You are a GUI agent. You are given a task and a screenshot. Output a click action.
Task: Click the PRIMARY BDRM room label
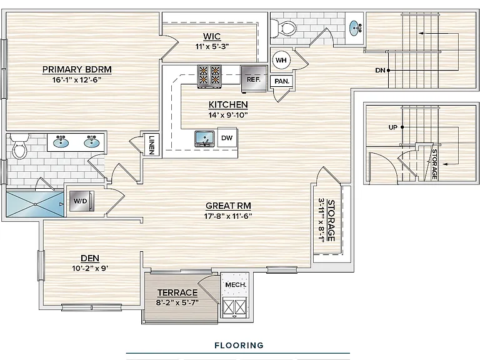[77, 69]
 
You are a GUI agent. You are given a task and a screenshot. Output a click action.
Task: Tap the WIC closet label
[212, 36]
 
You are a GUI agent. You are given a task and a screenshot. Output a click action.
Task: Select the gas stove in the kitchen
[209, 76]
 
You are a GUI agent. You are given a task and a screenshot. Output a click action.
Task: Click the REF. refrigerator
[254, 79]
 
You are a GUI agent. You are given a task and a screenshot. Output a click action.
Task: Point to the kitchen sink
[204, 139]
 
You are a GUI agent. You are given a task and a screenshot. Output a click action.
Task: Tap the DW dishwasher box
[227, 137]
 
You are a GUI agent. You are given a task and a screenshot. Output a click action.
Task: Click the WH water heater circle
[281, 60]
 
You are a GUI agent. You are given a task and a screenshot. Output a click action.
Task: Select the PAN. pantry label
[282, 81]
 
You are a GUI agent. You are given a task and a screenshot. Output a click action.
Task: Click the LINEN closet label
[152, 144]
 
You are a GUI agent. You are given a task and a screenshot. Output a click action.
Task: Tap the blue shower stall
[35, 204]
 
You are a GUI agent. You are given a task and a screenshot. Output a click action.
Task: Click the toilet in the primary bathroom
[20, 146]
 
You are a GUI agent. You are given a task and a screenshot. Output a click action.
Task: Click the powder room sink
[355, 28]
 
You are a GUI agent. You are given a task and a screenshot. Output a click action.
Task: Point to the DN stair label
[380, 71]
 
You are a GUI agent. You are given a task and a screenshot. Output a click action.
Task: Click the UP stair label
[392, 127]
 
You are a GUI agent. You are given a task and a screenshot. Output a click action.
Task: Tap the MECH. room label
[236, 285]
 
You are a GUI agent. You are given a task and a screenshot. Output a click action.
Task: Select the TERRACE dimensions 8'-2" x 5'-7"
[177, 302]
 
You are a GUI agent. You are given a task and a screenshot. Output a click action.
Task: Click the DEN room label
[90, 258]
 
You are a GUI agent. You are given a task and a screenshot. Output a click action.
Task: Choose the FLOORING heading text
[239, 345]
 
